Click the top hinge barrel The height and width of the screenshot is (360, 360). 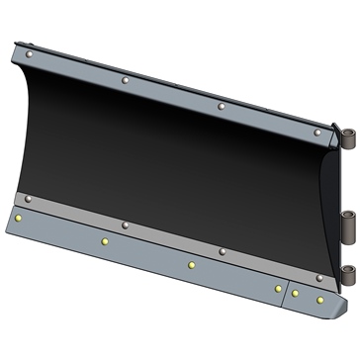tap(346, 136)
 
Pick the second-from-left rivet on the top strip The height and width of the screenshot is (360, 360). tap(124, 78)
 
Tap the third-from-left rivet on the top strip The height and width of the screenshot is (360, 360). tap(221, 105)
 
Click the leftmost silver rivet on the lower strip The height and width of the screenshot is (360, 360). tap(29, 199)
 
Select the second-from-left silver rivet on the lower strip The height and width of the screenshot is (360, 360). tap(124, 225)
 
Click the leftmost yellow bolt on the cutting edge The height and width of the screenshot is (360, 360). tap(19, 218)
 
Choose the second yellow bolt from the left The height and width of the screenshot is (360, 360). tap(104, 240)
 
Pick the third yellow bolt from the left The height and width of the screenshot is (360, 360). tap(191, 265)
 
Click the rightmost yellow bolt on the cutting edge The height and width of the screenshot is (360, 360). tap(319, 298)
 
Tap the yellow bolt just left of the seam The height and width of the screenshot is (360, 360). tap(278, 288)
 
